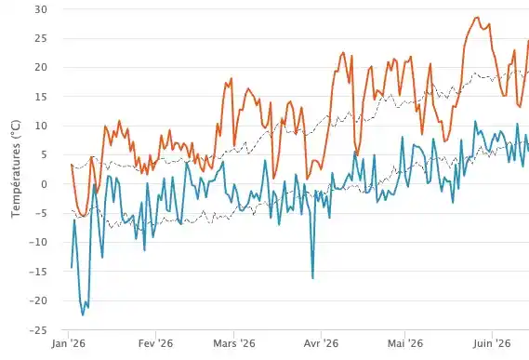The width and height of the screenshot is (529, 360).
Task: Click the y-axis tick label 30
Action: [41, 9]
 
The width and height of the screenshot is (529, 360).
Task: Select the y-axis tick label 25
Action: [41, 38]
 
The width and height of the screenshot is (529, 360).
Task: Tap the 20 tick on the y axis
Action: [41, 68]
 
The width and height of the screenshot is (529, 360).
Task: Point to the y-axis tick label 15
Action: [41, 97]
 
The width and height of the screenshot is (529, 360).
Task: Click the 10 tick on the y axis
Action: [41, 126]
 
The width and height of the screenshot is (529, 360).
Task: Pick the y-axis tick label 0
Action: [44, 184]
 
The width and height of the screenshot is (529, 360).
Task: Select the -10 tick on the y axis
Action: [38, 243]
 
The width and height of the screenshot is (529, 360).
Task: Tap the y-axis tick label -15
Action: [38, 272]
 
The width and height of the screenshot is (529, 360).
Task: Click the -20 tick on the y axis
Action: [38, 300]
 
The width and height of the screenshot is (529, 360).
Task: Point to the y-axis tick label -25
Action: [38, 330]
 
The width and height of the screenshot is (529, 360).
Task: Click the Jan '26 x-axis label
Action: [69, 344]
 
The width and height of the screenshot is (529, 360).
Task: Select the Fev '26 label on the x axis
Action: [155, 344]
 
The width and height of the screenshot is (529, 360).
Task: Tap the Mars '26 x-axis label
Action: [234, 344]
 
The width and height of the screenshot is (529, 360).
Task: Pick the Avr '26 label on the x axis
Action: [321, 344]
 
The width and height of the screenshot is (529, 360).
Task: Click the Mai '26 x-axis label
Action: [405, 344]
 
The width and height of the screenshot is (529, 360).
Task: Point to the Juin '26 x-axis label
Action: [492, 344]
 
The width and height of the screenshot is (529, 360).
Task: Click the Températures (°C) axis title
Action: [16, 169]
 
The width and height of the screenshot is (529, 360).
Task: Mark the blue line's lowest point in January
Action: [83, 315]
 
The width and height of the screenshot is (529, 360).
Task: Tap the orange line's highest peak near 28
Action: [477, 18]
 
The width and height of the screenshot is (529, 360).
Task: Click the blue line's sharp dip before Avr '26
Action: [312, 278]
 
